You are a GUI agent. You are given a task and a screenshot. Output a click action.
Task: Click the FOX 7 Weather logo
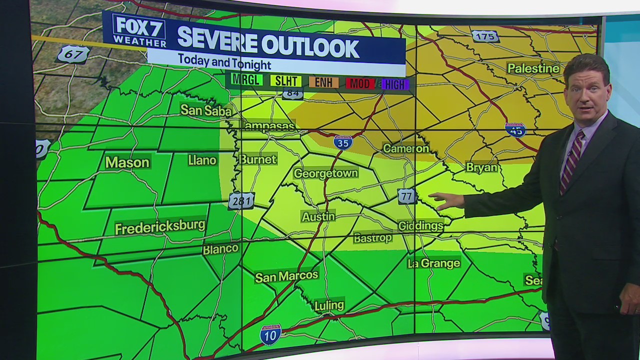(x=138, y=31)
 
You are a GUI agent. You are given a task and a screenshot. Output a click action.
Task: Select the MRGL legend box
(x=247, y=79)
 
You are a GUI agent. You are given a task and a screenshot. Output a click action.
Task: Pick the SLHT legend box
(x=286, y=81)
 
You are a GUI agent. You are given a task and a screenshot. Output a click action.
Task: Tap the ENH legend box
(x=324, y=82)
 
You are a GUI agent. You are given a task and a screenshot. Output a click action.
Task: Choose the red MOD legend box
(x=360, y=83)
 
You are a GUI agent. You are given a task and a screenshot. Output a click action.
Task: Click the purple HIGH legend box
(x=395, y=84)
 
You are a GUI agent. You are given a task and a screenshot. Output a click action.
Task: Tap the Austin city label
(x=318, y=216)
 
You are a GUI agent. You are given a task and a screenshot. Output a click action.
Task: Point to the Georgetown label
(x=325, y=173)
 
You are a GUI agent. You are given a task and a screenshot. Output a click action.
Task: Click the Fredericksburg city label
(x=160, y=226)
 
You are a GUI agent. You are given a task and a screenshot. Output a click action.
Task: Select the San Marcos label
(x=286, y=276)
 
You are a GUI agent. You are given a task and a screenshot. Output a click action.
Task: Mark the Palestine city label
(x=533, y=68)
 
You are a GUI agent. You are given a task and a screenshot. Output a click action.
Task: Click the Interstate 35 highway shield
(x=343, y=142)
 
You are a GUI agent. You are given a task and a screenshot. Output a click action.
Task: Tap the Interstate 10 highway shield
(x=270, y=334)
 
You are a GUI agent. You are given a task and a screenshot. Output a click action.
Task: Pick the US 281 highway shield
(x=241, y=201)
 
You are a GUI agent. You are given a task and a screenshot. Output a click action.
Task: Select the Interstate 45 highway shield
(x=515, y=130)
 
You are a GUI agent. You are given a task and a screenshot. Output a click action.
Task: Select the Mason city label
(x=127, y=162)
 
